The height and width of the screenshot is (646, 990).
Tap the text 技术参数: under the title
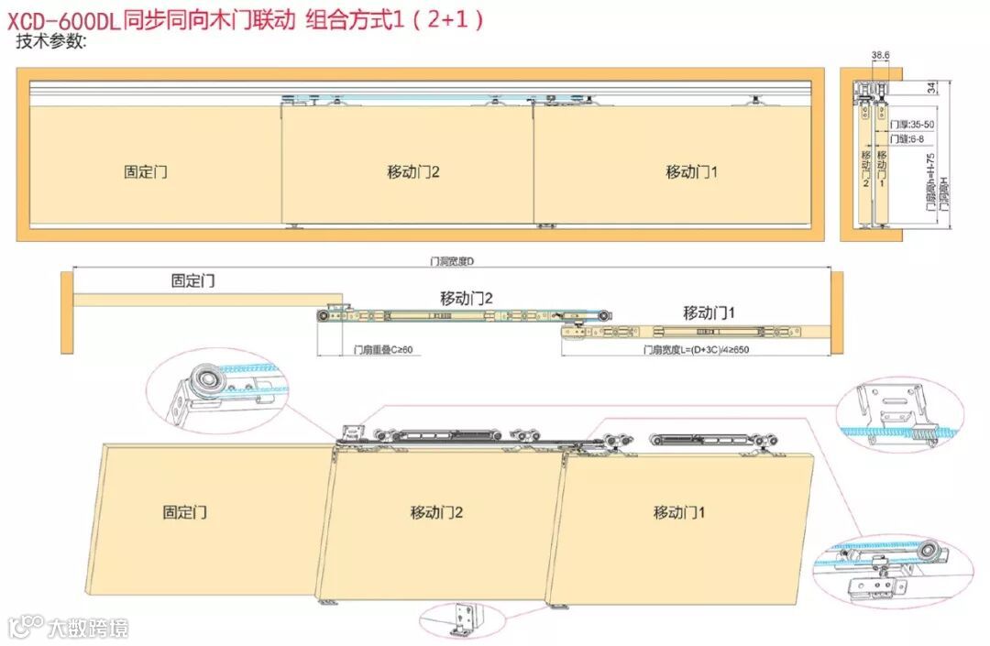point(51,42)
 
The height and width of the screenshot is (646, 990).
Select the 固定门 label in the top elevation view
point(146,171)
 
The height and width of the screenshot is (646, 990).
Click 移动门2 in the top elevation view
point(413,171)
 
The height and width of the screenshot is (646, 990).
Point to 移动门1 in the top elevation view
point(691,171)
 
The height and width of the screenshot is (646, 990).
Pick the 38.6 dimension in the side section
point(879,56)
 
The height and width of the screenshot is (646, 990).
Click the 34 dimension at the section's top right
point(931,88)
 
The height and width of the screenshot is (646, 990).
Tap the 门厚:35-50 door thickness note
point(912,124)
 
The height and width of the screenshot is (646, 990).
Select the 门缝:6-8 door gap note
point(907,139)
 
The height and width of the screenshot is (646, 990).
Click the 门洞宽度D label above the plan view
point(451,261)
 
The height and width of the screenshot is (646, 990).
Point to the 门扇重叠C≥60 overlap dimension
point(383,350)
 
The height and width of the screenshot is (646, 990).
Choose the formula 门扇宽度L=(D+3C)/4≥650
point(696,350)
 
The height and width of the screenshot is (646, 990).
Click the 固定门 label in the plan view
point(192,281)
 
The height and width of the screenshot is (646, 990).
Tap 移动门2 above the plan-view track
point(467,298)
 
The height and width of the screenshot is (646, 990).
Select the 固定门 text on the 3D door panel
point(184,512)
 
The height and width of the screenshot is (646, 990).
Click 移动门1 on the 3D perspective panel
point(679,512)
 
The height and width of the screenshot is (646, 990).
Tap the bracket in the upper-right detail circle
point(894,404)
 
